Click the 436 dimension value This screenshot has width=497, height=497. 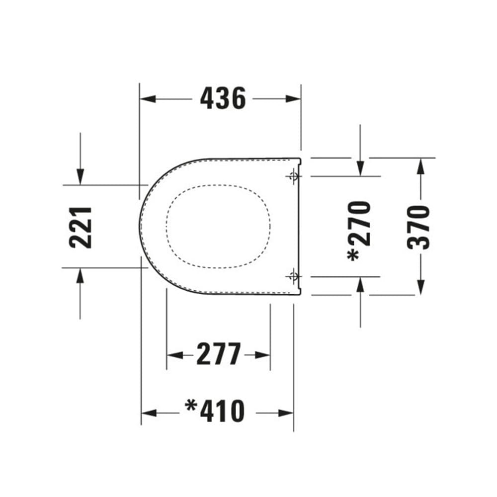point(223,98)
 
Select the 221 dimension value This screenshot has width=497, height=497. point(81,227)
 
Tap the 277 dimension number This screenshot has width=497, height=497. point(219,354)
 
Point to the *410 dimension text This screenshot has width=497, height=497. point(215,411)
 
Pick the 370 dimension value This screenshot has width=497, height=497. point(418,227)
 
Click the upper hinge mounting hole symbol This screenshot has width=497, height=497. point(294,175)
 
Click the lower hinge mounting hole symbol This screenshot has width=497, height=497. point(294,276)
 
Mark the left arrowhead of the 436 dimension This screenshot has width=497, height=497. point(148,98)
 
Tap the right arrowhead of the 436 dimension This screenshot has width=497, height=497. point(293,98)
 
